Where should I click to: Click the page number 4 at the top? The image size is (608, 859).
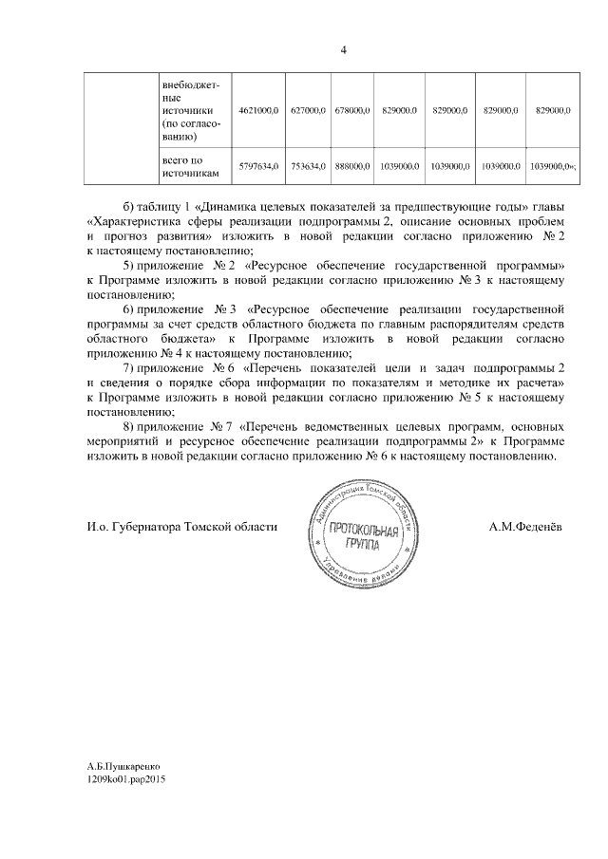pyautogui.click(x=343, y=50)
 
